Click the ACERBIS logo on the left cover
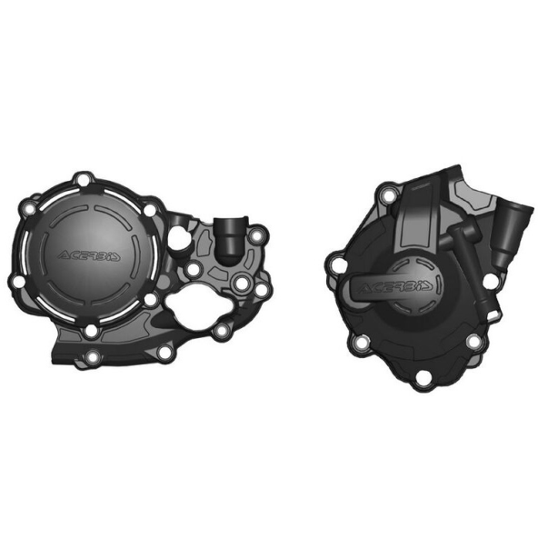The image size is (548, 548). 89,256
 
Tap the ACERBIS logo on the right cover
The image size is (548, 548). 396,287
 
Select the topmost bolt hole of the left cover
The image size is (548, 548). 83,180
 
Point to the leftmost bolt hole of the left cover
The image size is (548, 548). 18,282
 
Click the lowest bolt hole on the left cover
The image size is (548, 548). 93,357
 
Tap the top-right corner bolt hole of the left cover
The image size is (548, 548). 256,236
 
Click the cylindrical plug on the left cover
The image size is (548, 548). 229,241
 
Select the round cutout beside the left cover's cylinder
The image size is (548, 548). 179,238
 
